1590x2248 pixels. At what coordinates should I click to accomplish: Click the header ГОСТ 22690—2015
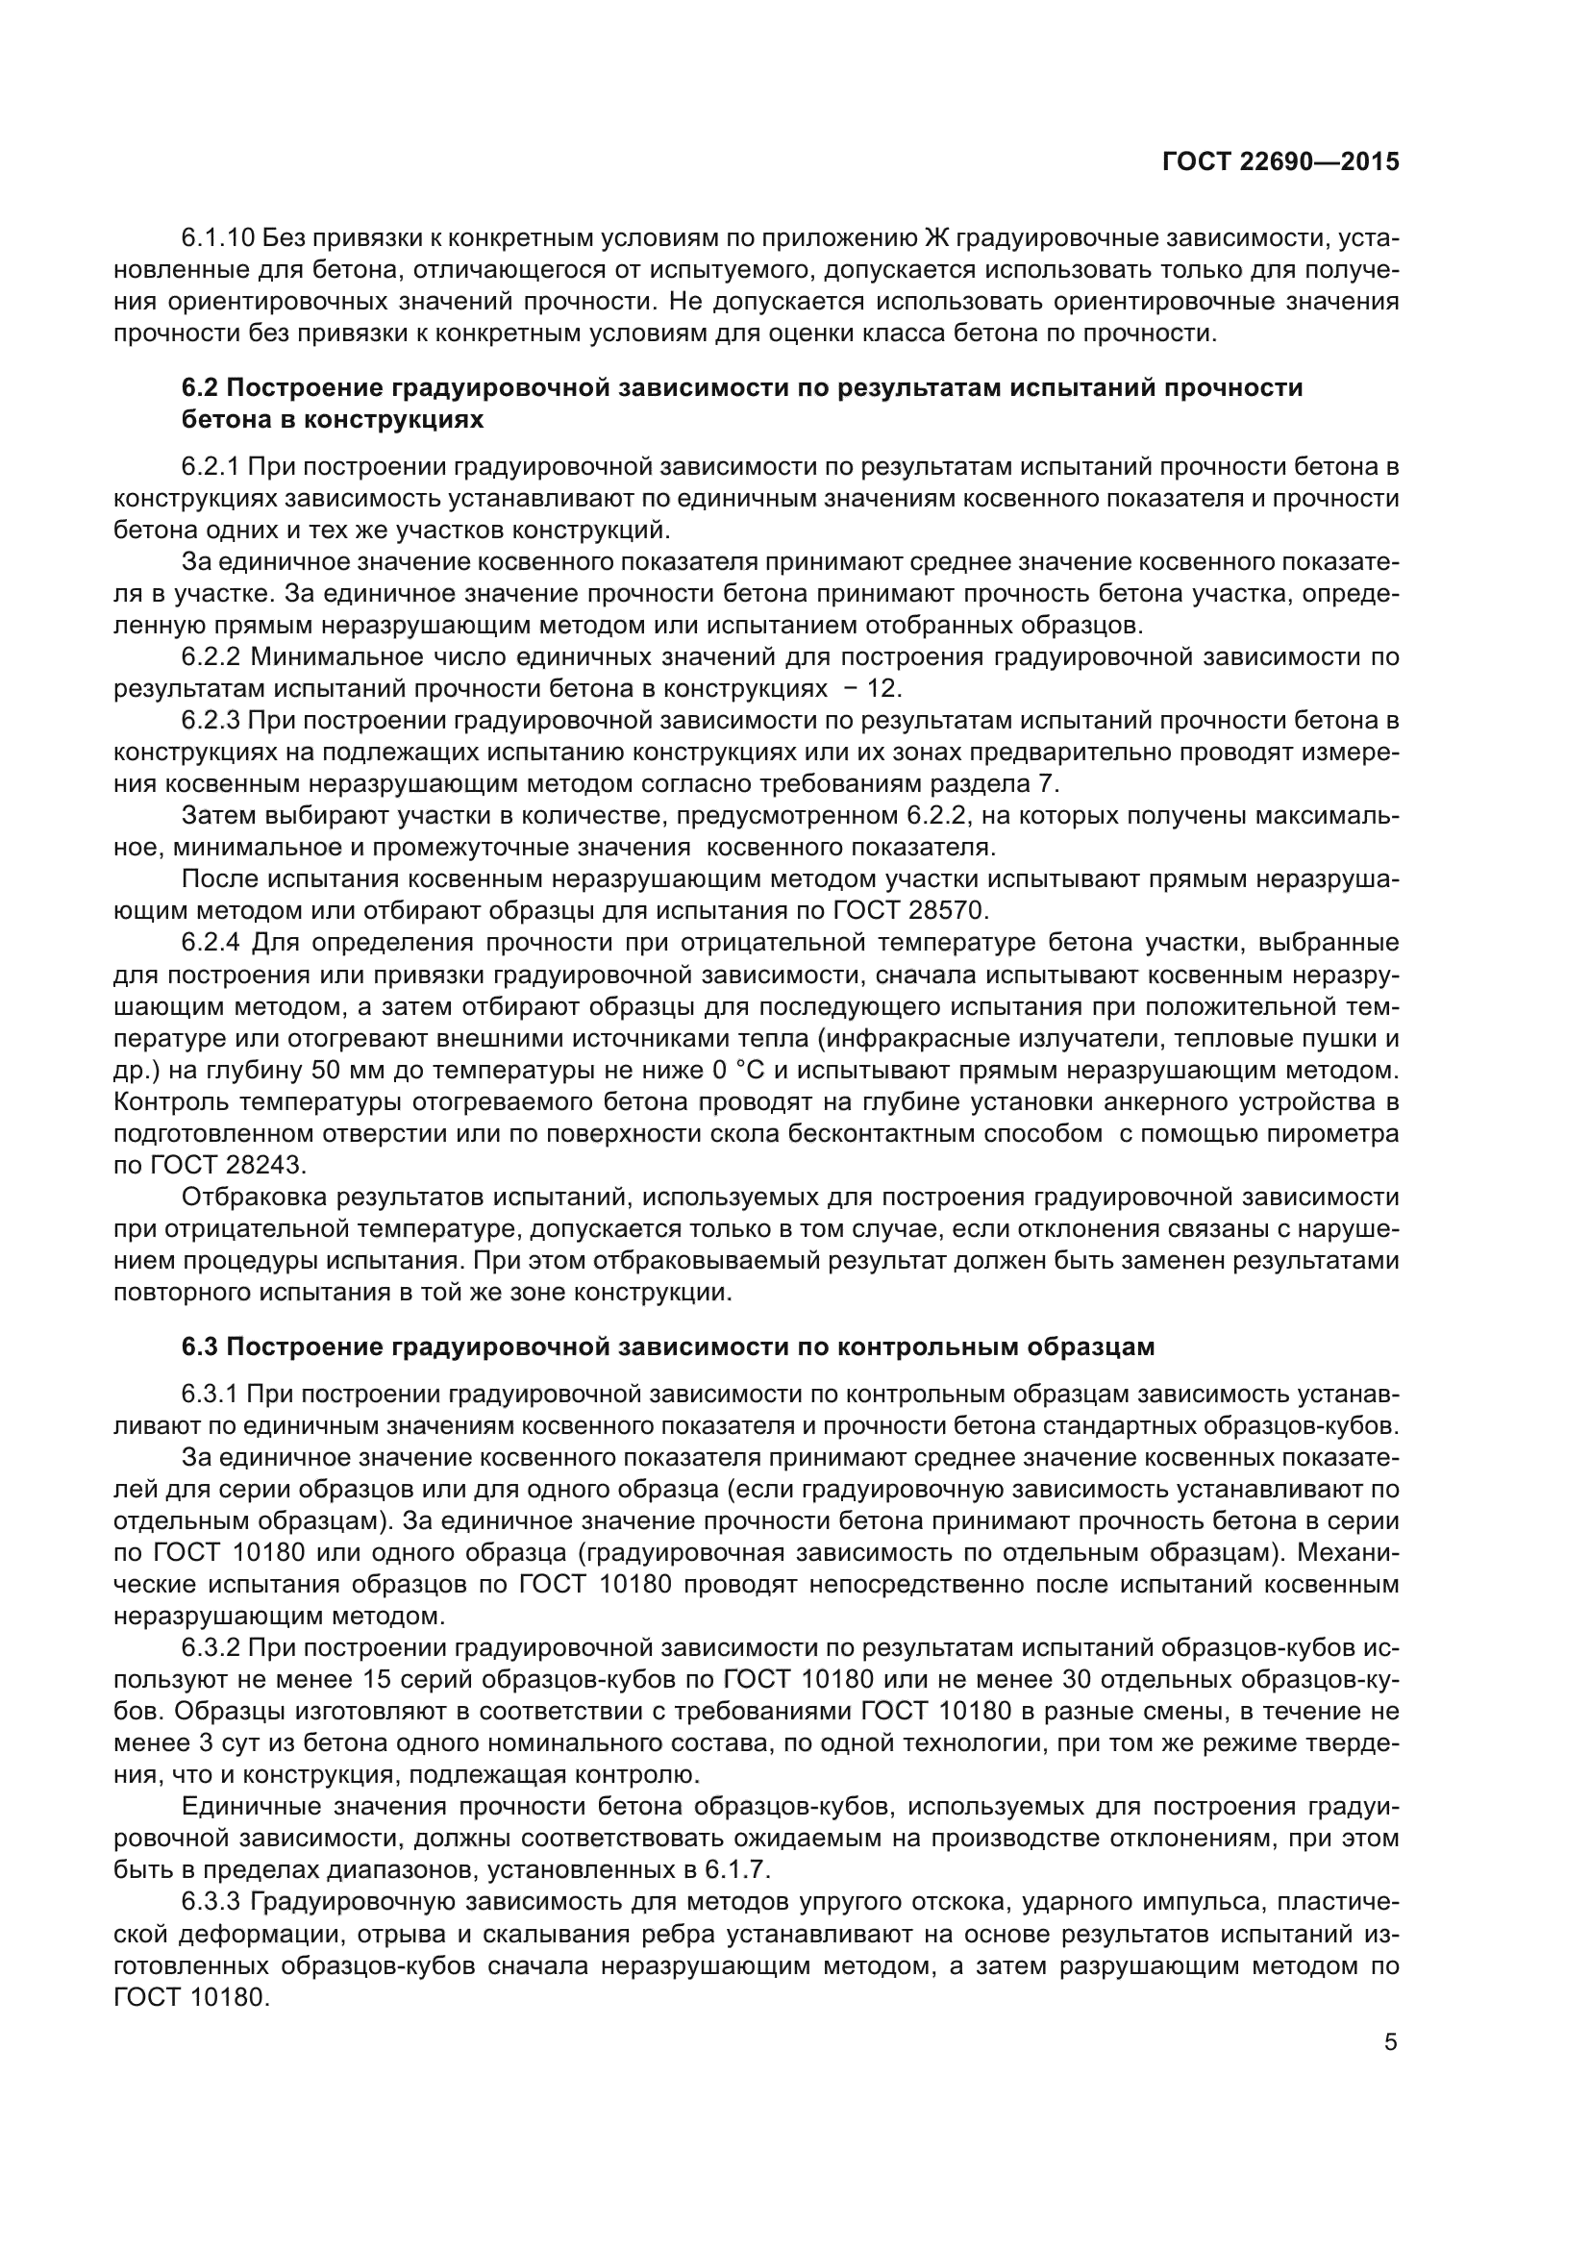click(1279, 161)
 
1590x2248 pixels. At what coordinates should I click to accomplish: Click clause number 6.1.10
click(217, 238)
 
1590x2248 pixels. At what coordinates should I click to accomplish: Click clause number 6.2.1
click(211, 467)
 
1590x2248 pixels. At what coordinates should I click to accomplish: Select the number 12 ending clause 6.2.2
click(882, 688)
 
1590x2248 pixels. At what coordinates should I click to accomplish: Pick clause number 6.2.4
click(211, 943)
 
